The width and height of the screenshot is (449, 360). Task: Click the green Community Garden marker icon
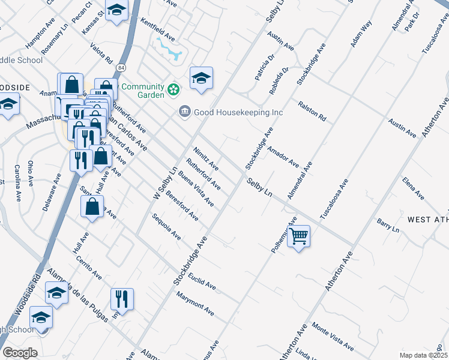pos(174,91)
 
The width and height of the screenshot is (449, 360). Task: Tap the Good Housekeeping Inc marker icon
pos(185,112)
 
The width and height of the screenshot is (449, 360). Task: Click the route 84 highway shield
pos(122,65)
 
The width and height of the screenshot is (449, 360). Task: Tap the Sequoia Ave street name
pos(166,226)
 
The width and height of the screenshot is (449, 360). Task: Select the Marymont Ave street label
pos(195,304)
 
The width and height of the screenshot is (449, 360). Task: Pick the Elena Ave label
pos(414,188)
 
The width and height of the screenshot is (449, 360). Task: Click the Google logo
pos(20,353)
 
